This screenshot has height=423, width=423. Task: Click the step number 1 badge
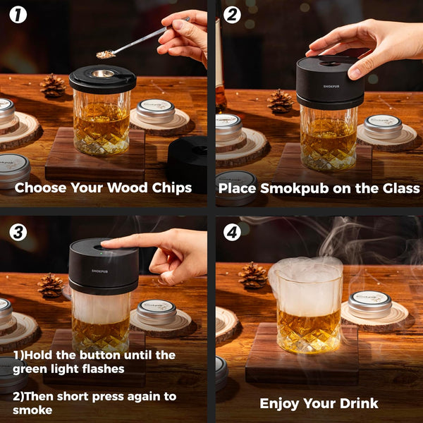(x=18, y=14)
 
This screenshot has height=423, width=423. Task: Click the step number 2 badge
(x=232, y=14)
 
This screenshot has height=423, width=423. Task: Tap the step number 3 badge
(x=18, y=231)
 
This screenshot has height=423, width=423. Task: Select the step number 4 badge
(x=232, y=231)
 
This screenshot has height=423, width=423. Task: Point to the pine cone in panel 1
(x=52, y=85)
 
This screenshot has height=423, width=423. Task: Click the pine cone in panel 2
(x=280, y=101)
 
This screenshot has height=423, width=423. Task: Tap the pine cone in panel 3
(x=50, y=285)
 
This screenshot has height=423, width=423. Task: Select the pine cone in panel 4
(x=252, y=274)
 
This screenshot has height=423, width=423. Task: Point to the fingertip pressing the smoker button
(x=106, y=245)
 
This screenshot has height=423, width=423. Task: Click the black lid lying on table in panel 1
(x=189, y=160)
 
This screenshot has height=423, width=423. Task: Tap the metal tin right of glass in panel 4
(x=369, y=303)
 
